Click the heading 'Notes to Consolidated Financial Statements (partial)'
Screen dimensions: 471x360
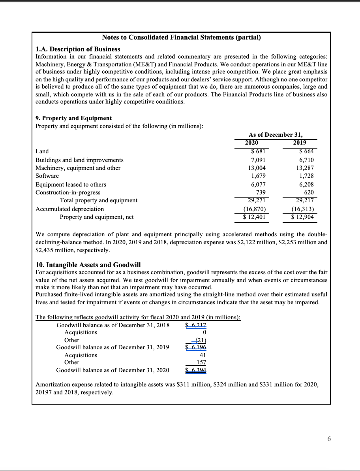(x=181, y=38)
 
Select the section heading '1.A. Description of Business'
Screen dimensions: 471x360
(x=78, y=49)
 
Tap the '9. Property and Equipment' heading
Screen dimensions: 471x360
(x=73, y=118)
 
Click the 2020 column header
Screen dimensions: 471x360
(x=252, y=143)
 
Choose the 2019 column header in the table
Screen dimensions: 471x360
(x=300, y=143)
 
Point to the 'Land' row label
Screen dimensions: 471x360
(x=42, y=151)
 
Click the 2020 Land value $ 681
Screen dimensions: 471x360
(x=259, y=151)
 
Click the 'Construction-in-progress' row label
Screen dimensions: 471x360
(x=68, y=192)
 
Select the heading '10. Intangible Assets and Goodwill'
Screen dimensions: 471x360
(x=88, y=265)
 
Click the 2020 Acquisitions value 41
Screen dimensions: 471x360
(x=203, y=355)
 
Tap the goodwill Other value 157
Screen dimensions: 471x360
(x=201, y=362)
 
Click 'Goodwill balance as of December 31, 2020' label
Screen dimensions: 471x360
(x=112, y=370)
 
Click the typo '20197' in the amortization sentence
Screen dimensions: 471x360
(x=44, y=393)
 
